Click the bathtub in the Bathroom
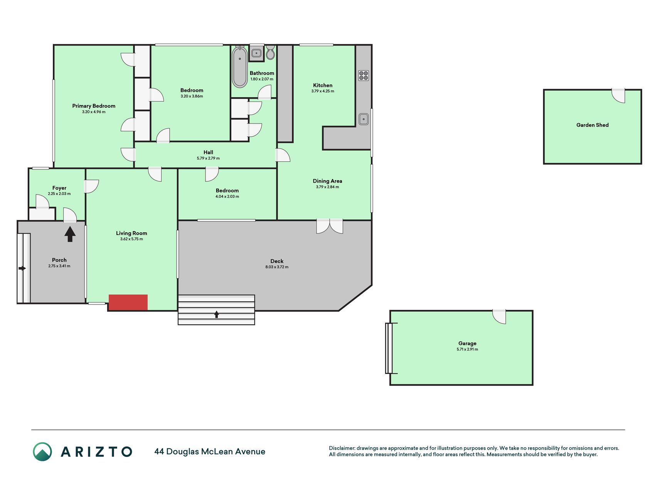pos(240,67)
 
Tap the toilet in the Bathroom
pos(271,52)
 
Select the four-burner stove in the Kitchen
pos(363,75)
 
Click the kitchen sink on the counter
pos(363,119)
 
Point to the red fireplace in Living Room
pos(128,302)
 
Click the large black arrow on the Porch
pos(70,234)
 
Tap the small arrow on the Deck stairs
pos(217,314)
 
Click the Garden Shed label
pos(592,125)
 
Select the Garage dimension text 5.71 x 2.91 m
pos(467,349)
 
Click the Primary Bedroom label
pos(94,106)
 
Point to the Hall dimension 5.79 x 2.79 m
pos(208,158)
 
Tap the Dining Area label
pos(327,181)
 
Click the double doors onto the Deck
pos(330,226)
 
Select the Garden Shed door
pos(618,96)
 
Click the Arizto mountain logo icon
pos(42,452)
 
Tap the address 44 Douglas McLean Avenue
pos(210,452)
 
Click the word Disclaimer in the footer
pos(342,448)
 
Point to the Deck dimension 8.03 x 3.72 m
pos(277,267)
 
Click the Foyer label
pos(59,188)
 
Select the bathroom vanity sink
pos(256,53)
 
